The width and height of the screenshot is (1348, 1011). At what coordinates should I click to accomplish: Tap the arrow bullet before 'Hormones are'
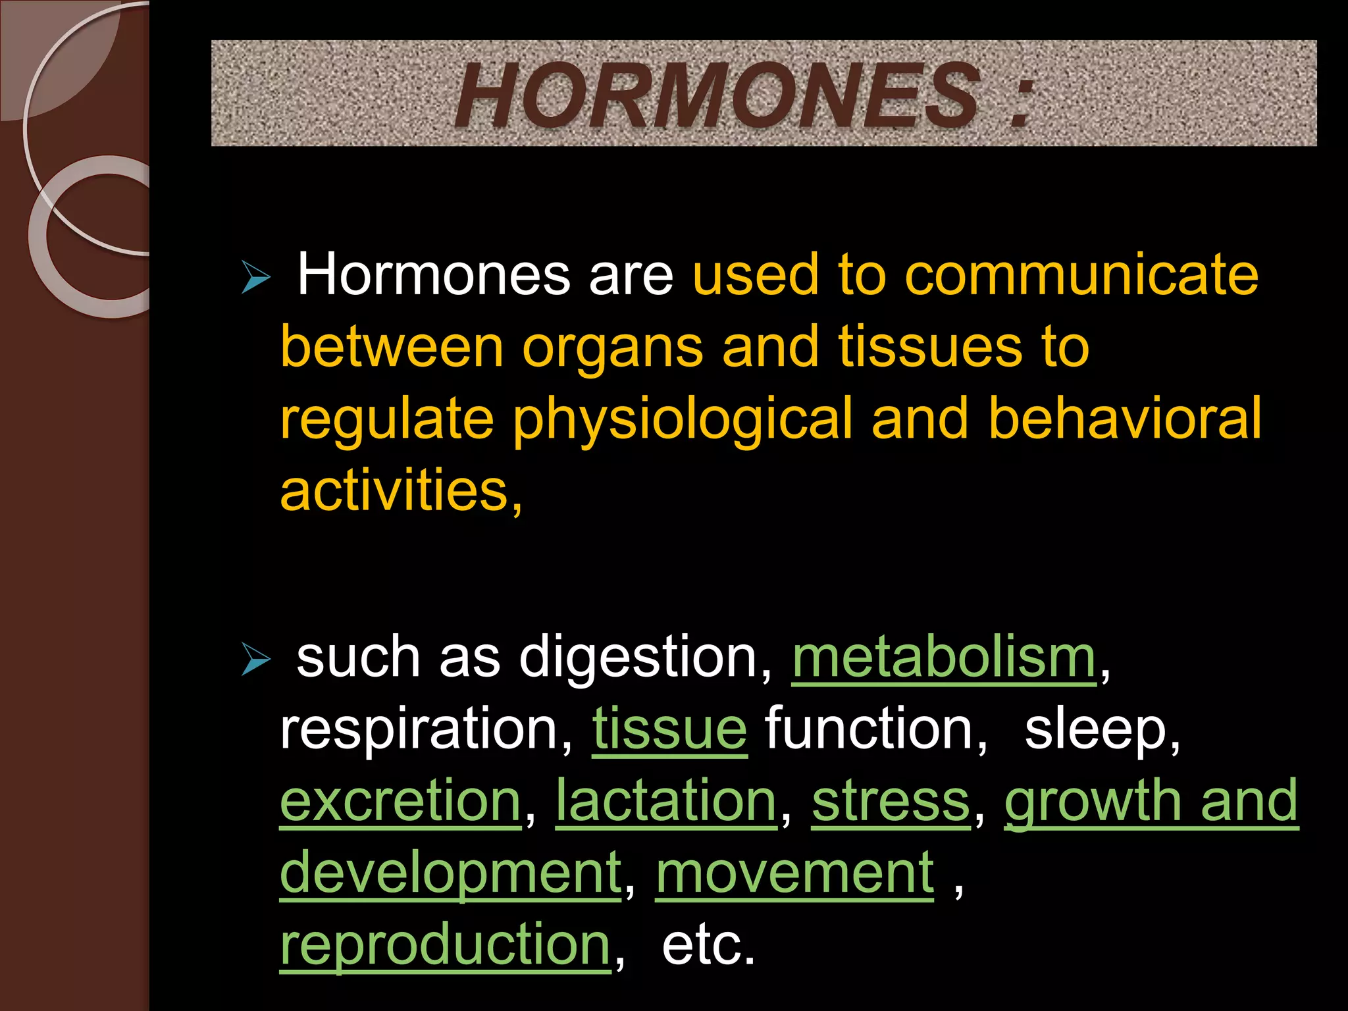pos(255,276)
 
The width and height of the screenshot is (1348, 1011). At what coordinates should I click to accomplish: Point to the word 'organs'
pos(612,347)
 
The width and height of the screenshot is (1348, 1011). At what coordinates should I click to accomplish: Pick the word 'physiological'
pos(683,419)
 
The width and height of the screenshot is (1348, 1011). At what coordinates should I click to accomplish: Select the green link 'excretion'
pos(401,801)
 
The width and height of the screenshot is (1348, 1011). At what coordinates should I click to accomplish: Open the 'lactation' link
pos(667,801)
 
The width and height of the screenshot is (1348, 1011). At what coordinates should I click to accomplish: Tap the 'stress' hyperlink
pos(891,801)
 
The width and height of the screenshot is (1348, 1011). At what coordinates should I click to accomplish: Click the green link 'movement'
pos(794,873)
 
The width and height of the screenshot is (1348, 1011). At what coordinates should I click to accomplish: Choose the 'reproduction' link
pos(446,946)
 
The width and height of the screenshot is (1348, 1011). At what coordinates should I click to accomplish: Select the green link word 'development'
pos(451,873)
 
